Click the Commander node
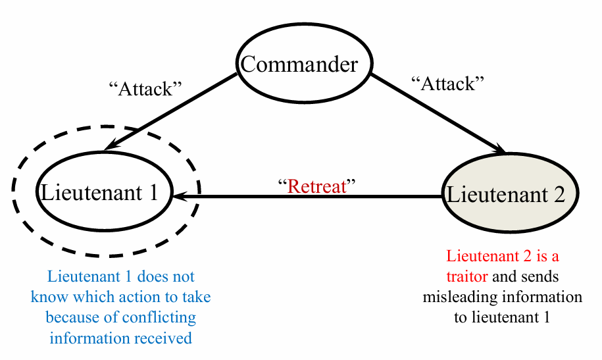[x=299, y=65]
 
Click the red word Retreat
[x=317, y=186]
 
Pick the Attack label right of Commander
[x=447, y=84]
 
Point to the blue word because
[x=72, y=318]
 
